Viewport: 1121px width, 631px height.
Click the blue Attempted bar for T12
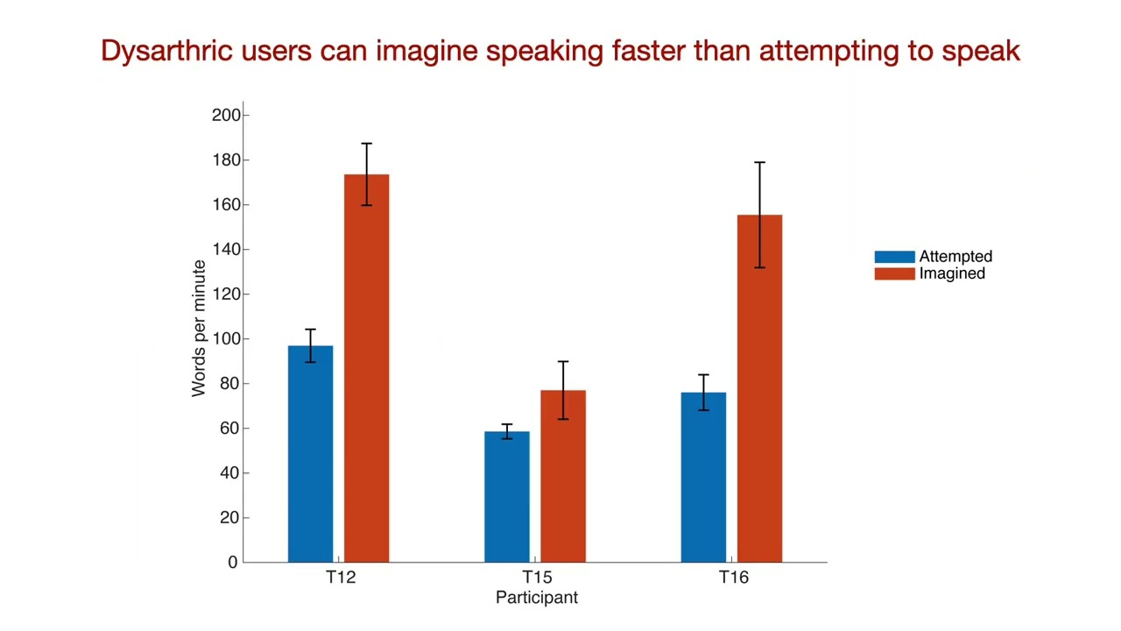[310, 454]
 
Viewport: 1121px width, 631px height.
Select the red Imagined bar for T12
[366, 368]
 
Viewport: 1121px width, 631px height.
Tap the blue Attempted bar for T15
[507, 497]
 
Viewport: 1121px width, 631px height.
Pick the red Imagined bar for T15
[563, 476]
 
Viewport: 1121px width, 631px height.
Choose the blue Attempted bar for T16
[703, 478]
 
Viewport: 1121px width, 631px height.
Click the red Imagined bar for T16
[759, 388]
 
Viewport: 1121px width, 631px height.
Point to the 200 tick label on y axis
[226, 115]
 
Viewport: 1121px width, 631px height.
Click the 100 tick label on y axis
[226, 339]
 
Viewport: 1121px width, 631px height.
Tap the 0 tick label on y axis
[233, 563]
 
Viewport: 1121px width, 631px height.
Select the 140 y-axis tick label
[226, 250]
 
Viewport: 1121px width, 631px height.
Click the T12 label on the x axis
[341, 578]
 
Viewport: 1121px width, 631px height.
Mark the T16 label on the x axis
[734, 578]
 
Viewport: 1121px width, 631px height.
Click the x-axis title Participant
[537, 598]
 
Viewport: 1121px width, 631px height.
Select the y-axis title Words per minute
[199, 329]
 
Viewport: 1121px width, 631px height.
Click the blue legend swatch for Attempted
[895, 257]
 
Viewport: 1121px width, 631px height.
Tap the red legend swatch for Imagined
[895, 274]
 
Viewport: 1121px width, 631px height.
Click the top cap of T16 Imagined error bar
[759, 162]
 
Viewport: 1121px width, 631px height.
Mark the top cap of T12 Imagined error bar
[366, 144]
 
